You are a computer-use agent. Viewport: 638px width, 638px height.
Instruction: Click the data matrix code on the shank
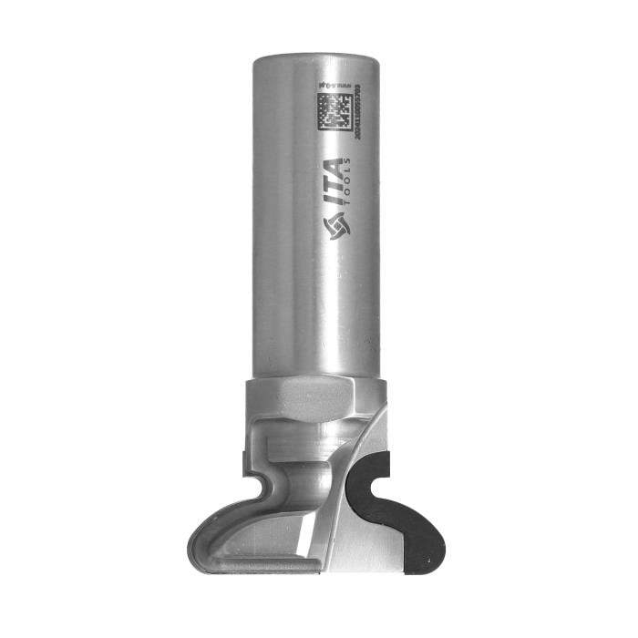(336, 111)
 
